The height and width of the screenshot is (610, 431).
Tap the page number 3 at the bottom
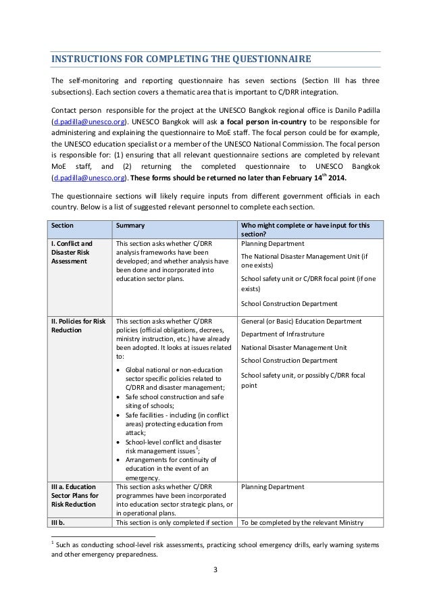215,586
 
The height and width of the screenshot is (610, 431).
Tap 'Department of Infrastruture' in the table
282,334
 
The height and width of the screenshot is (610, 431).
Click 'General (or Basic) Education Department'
301,321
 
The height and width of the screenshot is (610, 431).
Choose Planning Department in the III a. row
272,486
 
